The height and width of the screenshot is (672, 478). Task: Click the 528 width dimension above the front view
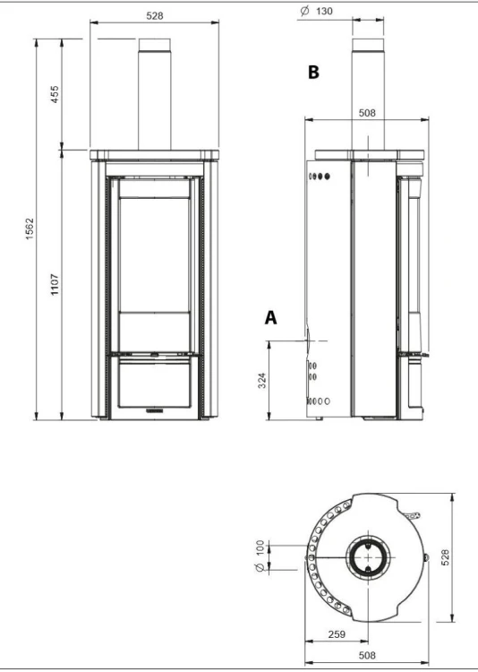(x=155, y=16)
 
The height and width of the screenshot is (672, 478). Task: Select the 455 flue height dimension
(x=55, y=94)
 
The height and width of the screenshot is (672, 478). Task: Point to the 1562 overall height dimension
(x=30, y=228)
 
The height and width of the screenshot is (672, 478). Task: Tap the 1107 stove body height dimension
(x=55, y=284)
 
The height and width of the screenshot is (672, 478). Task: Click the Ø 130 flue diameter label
(x=316, y=11)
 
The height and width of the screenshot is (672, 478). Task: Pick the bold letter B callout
(x=313, y=73)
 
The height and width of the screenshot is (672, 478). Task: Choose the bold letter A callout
(x=270, y=317)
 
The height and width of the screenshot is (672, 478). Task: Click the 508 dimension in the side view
(x=367, y=113)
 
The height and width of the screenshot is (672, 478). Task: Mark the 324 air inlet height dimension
(x=262, y=381)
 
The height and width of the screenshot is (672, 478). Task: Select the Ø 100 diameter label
(x=260, y=556)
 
